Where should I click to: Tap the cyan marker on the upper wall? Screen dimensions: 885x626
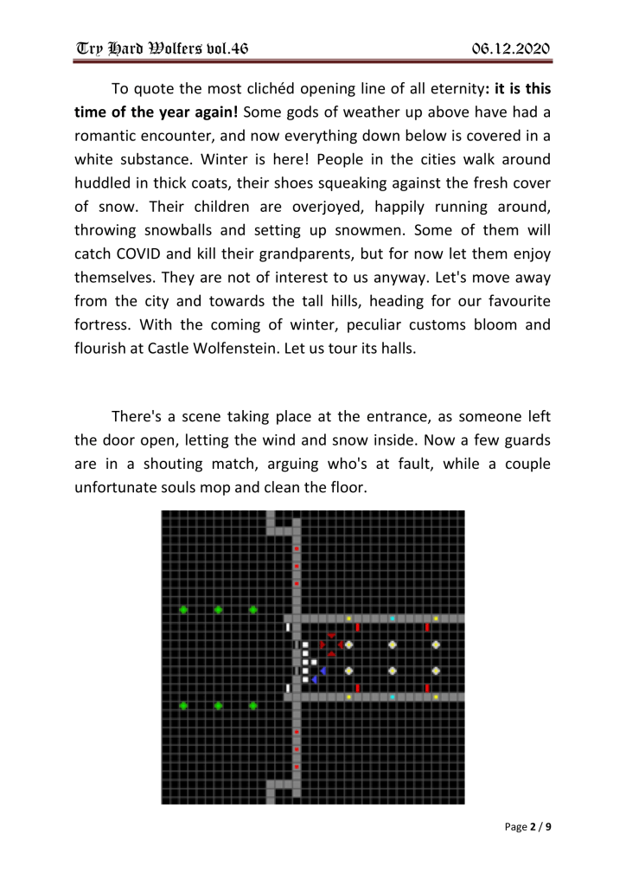[x=392, y=618]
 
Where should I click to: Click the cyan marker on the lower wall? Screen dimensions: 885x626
[x=392, y=696]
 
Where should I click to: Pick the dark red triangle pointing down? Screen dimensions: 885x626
[x=331, y=636]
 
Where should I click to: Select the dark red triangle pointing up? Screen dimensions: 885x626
[x=331, y=653]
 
